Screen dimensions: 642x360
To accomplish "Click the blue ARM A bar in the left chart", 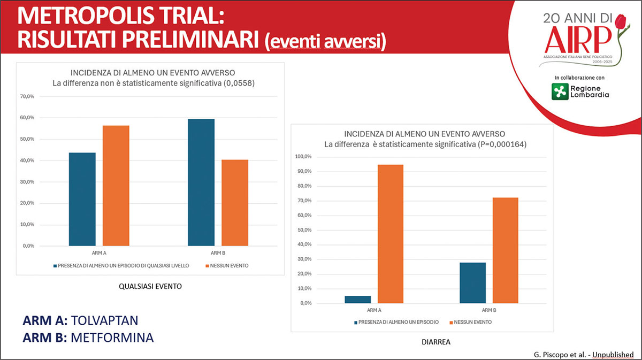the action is click(x=82, y=199).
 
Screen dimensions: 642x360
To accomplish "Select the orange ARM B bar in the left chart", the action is click(x=235, y=203).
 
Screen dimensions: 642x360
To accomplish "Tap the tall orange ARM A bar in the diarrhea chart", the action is click(x=391, y=234).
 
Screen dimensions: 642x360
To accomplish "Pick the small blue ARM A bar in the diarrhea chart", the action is click(x=358, y=300).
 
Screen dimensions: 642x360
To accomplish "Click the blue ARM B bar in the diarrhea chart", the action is click(x=472, y=283).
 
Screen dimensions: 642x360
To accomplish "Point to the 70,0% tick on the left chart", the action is click(x=27, y=97).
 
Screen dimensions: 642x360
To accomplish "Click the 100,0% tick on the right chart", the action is click(x=303, y=157).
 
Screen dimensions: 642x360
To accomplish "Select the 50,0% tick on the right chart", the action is click(x=304, y=230).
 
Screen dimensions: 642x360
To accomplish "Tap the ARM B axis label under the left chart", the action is click(x=218, y=253).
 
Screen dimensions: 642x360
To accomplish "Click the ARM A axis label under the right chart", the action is click(x=374, y=310).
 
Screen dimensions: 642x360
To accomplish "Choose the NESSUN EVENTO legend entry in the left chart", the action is click(x=227, y=266).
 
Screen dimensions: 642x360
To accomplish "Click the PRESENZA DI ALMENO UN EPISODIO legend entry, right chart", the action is click(x=396, y=322).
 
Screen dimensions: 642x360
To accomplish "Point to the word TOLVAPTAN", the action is click(x=105, y=320).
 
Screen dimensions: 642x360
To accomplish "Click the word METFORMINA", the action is click(x=112, y=338).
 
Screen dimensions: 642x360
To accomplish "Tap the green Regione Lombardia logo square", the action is click(x=560, y=91).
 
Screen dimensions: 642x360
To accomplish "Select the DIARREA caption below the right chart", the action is click(x=436, y=342).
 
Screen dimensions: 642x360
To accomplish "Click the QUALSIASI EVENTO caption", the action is click(x=150, y=286).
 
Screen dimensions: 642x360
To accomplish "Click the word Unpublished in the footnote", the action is click(x=613, y=355).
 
